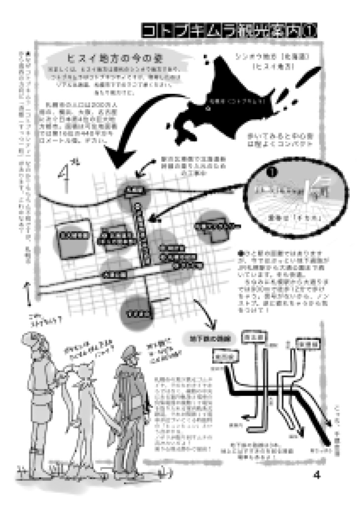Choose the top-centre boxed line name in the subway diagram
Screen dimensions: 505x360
pyautogui.click(x=252, y=337)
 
